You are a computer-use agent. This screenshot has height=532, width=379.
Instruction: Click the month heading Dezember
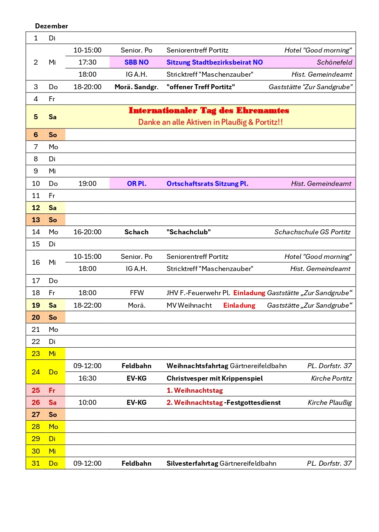(51, 26)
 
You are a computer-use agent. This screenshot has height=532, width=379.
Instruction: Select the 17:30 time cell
(87, 62)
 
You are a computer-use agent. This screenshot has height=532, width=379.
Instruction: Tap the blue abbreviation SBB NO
(137, 62)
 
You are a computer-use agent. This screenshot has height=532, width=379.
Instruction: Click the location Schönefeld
(334, 62)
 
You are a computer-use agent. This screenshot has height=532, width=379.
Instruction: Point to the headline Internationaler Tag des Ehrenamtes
(209, 110)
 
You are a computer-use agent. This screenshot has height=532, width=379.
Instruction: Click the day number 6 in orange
(36, 135)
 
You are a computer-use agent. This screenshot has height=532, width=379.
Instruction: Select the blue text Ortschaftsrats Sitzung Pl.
(207, 183)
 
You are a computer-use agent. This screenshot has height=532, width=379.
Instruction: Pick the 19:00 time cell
(87, 183)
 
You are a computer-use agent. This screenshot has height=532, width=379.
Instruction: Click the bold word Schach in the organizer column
(137, 232)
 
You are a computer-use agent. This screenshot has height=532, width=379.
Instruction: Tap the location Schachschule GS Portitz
(312, 232)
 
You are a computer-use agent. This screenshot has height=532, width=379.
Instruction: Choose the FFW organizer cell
(137, 293)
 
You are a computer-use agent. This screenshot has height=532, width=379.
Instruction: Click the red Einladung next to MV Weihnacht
(239, 305)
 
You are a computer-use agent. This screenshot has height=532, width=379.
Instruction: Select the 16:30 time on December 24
(87, 378)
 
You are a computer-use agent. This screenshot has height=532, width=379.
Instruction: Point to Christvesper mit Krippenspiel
(214, 378)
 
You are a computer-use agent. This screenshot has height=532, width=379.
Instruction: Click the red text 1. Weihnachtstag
(194, 390)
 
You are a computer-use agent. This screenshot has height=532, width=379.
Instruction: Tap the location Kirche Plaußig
(329, 402)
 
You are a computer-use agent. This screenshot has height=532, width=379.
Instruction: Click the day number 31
(36, 463)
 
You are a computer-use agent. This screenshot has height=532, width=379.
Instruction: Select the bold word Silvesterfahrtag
(192, 463)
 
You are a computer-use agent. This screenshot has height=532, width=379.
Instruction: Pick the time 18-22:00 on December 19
(87, 305)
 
